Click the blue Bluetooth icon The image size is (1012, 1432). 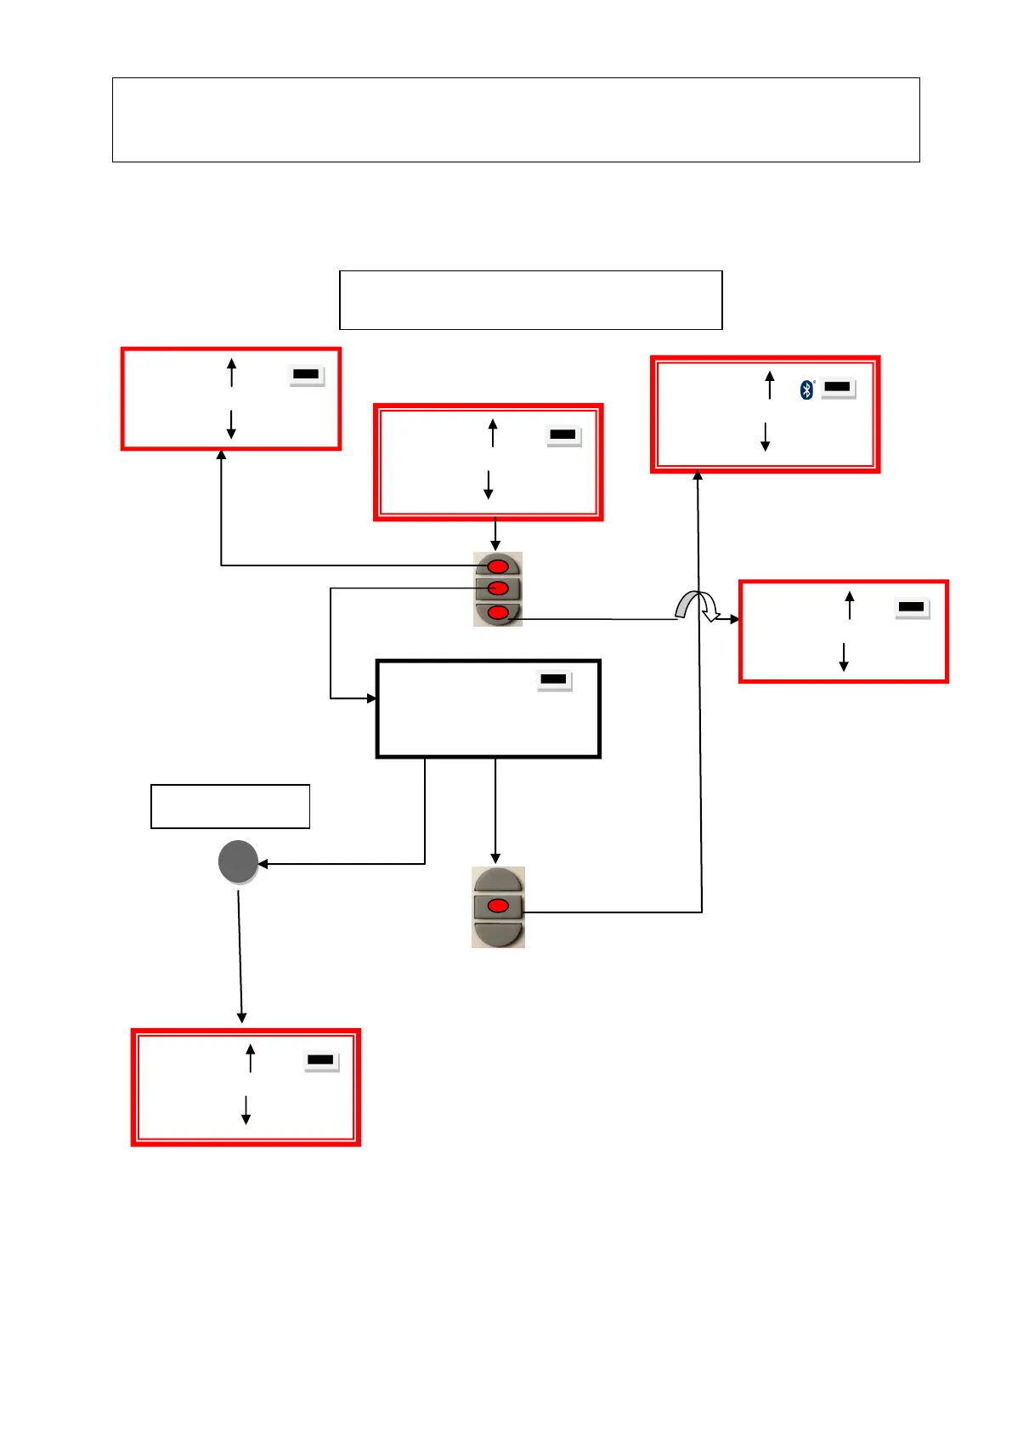(x=806, y=389)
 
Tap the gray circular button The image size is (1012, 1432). (x=238, y=862)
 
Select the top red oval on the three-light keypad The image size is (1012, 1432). (x=498, y=566)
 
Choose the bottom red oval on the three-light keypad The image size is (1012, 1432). (x=498, y=612)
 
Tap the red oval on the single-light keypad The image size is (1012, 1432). (x=498, y=906)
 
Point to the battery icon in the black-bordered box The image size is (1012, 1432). (x=553, y=679)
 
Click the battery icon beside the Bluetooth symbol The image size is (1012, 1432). (x=837, y=388)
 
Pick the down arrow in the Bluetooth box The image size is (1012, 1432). (x=765, y=436)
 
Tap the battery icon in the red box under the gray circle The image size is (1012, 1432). (x=320, y=1060)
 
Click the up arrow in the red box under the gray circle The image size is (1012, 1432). (x=251, y=1058)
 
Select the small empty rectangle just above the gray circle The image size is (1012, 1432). (x=230, y=806)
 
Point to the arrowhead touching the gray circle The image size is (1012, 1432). (x=263, y=864)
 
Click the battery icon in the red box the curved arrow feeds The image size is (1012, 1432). (x=911, y=607)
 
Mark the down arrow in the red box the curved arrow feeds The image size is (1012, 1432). (x=844, y=657)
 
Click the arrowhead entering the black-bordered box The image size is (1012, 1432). (x=371, y=698)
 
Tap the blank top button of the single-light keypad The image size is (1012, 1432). (x=498, y=880)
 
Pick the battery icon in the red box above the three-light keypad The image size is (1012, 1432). (x=563, y=435)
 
